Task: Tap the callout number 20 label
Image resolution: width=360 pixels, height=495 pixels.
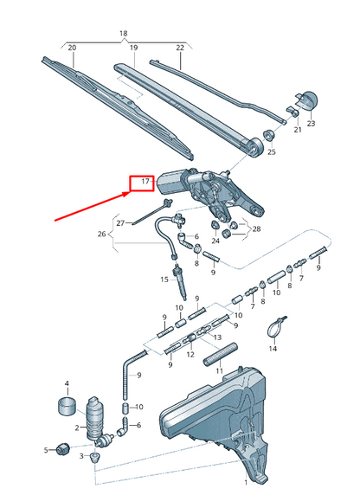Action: [x=72, y=48]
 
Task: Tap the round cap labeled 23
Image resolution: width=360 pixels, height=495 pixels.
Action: [x=305, y=101]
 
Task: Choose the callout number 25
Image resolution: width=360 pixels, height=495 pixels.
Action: [x=271, y=152]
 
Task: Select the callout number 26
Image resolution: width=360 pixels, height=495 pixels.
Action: [x=101, y=234]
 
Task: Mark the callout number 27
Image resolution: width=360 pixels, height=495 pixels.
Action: [x=121, y=222]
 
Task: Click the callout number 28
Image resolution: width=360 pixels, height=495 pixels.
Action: [x=256, y=228]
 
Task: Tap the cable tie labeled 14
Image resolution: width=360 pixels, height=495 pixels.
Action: [x=273, y=329]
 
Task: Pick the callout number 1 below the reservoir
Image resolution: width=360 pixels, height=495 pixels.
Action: [x=245, y=481]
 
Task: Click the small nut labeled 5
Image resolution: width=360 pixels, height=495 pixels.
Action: [x=62, y=448]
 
